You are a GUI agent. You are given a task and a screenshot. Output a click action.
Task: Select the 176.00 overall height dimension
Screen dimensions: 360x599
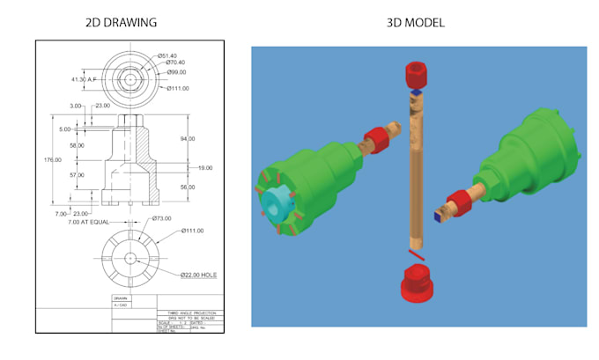[52, 160]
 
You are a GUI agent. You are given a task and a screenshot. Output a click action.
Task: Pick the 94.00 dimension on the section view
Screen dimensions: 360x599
[187, 139]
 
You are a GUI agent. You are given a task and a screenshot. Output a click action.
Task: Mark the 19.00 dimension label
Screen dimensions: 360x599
[203, 167]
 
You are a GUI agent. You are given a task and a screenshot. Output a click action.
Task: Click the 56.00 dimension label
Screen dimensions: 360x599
[187, 187]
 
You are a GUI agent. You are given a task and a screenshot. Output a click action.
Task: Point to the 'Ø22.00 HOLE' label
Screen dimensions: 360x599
[199, 276]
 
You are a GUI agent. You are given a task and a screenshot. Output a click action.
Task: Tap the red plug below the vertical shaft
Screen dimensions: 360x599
[414, 282]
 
